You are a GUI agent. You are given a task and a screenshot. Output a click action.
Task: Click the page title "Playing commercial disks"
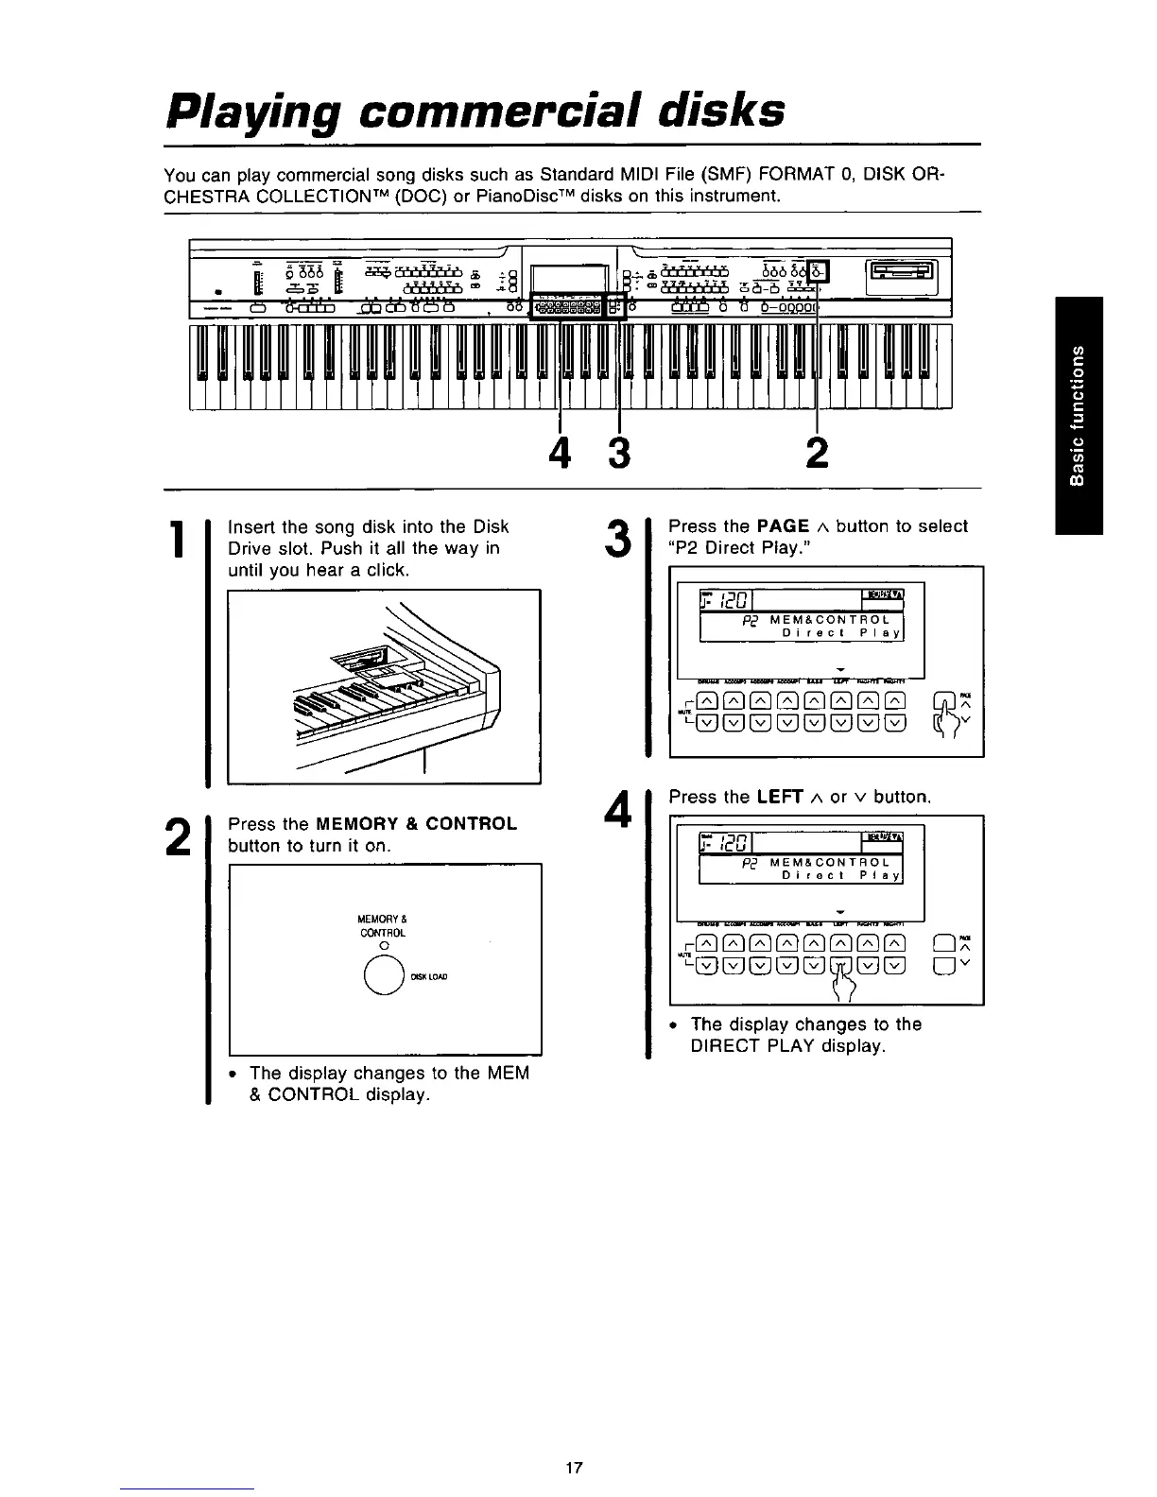[474, 112]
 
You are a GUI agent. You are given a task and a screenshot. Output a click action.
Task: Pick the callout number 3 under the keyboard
[618, 455]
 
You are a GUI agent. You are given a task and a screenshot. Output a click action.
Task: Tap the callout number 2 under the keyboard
[818, 455]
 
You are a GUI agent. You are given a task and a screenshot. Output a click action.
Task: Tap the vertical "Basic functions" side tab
[1078, 416]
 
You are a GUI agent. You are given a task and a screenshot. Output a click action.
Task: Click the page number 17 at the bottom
[573, 1468]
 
